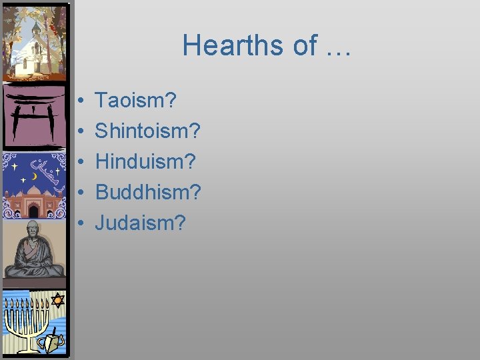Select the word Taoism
pos(135,101)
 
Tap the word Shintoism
pos(147,131)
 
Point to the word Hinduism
pos(145,161)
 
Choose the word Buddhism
pos(147,192)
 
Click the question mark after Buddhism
pos(195,192)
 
